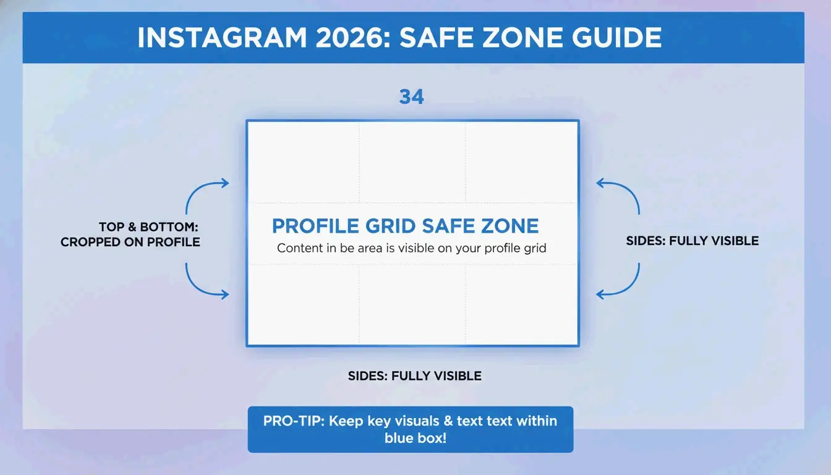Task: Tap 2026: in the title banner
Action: click(347, 38)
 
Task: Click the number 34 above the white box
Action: click(411, 97)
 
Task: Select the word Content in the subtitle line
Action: click(299, 249)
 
